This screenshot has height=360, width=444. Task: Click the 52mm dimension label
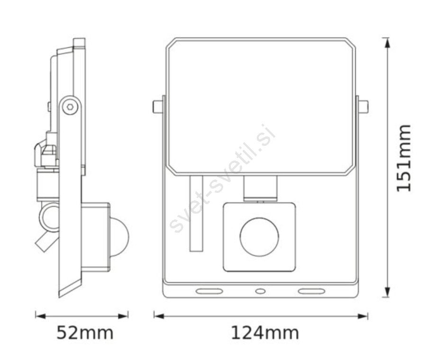point(85,333)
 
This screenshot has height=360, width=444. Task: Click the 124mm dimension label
point(265,333)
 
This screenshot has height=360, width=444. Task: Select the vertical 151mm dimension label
point(403,158)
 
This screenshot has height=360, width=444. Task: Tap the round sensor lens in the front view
point(259,237)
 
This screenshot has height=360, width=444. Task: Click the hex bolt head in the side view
point(70,107)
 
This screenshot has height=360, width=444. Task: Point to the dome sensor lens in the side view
point(119,237)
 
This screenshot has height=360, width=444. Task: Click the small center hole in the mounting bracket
point(260,291)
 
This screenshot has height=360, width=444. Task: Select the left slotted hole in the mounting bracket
point(209,291)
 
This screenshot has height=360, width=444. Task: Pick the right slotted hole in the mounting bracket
point(311,291)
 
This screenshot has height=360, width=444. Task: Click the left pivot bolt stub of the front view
point(158,107)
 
